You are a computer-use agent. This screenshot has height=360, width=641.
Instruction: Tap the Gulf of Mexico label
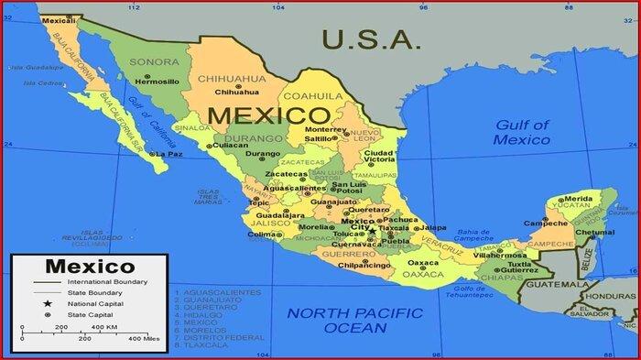click(x=522, y=132)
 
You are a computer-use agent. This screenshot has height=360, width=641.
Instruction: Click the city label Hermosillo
click(x=157, y=81)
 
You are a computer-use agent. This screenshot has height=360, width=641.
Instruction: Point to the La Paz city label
click(x=169, y=154)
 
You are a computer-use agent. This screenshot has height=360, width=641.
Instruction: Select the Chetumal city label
click(x=595, y=233)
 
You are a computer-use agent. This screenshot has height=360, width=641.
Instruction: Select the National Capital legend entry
click(x=94, y=304)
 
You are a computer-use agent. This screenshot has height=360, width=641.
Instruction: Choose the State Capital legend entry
click(x=89, y=315)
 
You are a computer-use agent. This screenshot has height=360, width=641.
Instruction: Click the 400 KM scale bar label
click(x=103, y=327)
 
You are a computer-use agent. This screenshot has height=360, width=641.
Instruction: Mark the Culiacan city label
click(x=231, y=145)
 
